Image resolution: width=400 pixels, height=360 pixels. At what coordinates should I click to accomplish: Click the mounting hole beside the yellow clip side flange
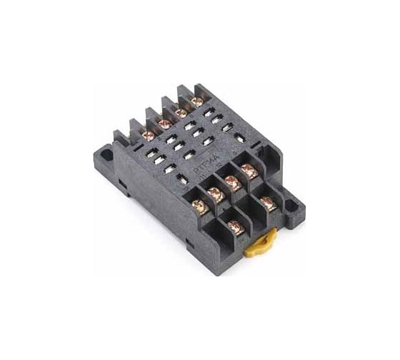(291, 205)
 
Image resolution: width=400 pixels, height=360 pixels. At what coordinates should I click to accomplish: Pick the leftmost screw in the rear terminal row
(149, 135)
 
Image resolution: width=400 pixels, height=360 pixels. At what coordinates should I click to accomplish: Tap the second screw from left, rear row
(164, 124)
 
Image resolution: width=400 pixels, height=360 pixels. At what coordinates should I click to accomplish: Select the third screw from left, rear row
(181, 112)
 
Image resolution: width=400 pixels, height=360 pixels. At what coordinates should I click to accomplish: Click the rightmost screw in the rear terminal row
(197, 101)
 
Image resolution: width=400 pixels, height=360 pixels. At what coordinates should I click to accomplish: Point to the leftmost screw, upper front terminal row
(200, 207)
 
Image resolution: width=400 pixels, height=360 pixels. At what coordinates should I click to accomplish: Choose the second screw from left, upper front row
(215, 193)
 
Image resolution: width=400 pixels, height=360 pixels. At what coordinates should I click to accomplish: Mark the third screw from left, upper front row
(232, 180)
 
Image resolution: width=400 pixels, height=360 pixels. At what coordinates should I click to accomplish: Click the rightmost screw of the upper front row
(249, 170)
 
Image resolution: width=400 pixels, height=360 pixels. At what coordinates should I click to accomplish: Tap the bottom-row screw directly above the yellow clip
(235, 227)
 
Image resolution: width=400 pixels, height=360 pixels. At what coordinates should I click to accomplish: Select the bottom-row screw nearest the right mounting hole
(268, 203)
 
